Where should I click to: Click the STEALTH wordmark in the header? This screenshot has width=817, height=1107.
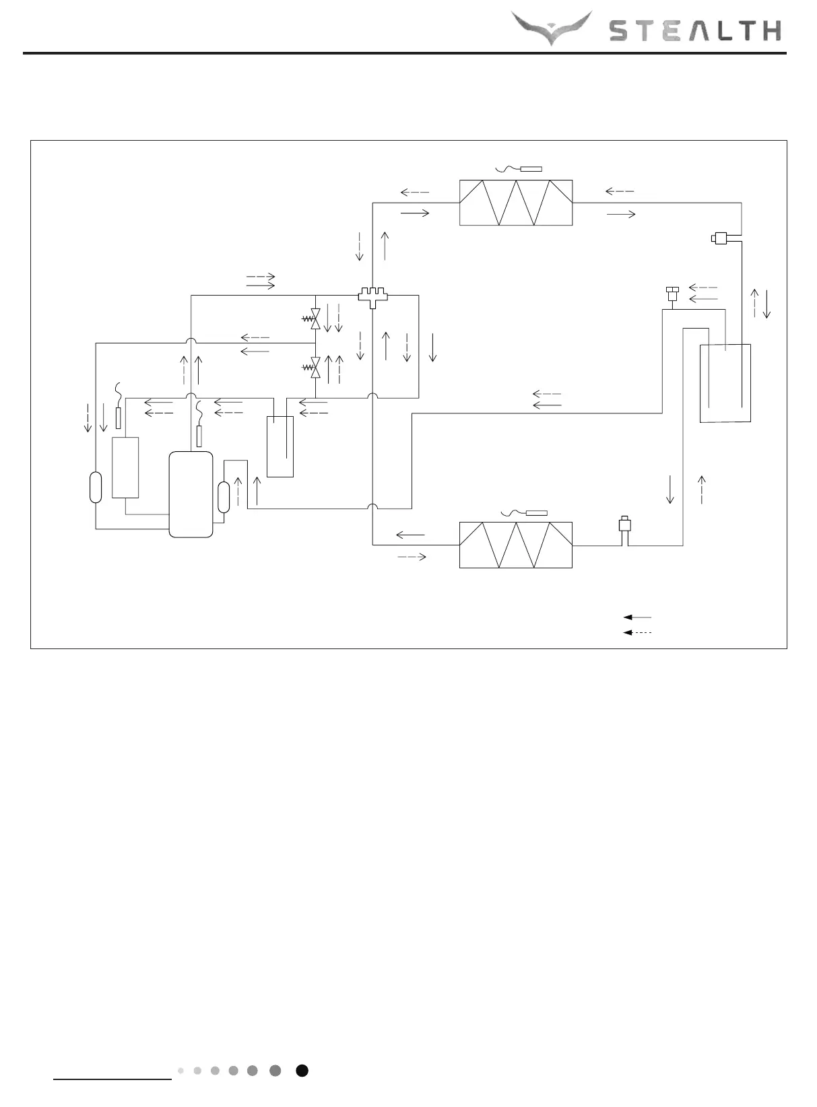[695, 31]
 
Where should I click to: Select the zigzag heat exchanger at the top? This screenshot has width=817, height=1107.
[516, 203]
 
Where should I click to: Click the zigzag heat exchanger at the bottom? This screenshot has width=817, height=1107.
[516, 545]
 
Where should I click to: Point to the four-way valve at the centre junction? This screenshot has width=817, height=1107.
[372, 296]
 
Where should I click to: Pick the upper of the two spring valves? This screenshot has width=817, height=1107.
[314, 318]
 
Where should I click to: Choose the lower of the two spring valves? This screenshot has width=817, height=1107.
[314, 367]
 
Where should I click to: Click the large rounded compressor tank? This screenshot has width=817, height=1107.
[191, 494]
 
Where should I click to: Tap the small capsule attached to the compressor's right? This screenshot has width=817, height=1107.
[224, 498]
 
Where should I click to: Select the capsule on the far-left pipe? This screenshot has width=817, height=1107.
[96, 488]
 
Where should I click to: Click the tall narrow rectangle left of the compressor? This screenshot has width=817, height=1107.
[125, 467]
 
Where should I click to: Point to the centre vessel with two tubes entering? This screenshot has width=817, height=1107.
[280, 446]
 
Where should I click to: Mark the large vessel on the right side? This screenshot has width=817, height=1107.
[725, 383]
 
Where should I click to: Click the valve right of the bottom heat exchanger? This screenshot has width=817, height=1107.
[625, 526]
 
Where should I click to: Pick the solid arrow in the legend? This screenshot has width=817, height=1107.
[637, 617]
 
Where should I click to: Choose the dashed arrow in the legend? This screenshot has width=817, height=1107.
[637, 633]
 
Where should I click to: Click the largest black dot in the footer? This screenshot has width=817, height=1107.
[302, 1071]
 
